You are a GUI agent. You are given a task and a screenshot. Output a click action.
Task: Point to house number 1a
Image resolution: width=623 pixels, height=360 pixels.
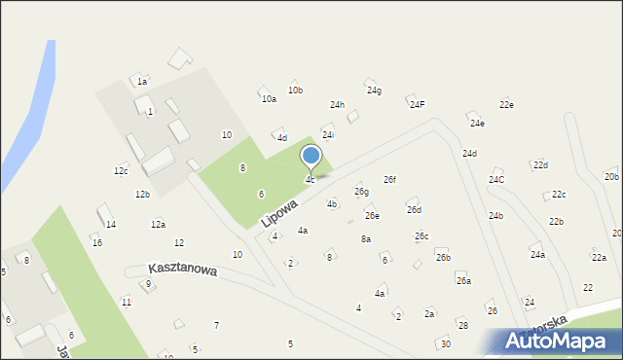coord(142,82)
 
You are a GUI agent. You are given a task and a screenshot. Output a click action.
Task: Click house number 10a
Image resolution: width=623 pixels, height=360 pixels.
coord(269,98)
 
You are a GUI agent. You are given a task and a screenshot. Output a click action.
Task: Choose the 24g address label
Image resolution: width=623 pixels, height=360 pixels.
coord(374,90)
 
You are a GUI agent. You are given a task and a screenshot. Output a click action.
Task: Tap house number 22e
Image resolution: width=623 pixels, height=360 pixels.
coord(506,105)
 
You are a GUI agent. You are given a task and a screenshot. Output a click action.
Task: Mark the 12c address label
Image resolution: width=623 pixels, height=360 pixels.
coord(121,171)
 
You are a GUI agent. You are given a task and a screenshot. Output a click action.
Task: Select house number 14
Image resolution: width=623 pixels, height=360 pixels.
coord(111,225)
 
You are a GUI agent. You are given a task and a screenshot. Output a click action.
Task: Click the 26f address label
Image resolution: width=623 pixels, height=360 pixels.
coord(389,180)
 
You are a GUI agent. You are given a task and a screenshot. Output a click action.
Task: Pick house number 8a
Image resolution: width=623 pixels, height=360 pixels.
coord(366,238)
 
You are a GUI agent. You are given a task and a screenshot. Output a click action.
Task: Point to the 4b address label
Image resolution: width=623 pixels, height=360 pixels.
coord(332,204)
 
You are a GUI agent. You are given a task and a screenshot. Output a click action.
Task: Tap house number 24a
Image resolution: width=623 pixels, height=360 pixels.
coord(537,255)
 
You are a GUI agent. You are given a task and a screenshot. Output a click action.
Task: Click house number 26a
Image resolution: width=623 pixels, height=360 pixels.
coord(463,281)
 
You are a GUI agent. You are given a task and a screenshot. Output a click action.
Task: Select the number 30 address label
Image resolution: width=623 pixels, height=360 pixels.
coord(445,343)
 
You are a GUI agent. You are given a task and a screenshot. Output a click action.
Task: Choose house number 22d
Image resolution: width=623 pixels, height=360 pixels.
coord(540,165)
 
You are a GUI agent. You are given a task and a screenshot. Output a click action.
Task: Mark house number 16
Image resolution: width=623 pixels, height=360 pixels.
coord(97,242)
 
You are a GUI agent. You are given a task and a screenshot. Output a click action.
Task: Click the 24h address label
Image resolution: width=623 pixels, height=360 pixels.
coord(337,105)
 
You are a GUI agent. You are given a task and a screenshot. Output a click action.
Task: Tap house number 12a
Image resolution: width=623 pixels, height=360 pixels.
coord(158,225)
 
